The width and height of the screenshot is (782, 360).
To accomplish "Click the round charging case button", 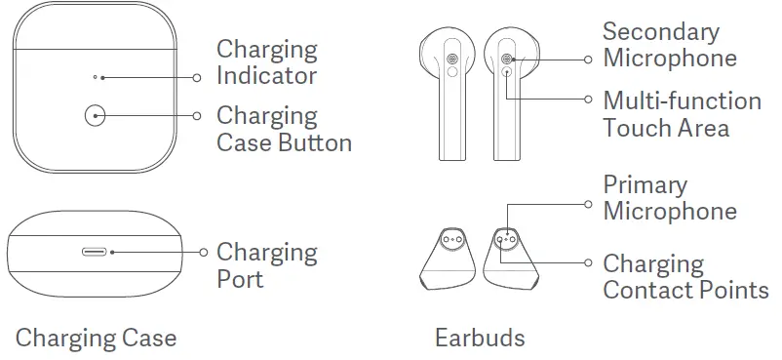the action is tap(95, 116).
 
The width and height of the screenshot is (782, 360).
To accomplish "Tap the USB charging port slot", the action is tap(96, 251).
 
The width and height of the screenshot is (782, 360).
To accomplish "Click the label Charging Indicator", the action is tap(266, 62).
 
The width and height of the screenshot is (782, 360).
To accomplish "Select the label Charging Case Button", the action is tap(283, 129).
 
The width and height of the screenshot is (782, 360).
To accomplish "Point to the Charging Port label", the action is tap(266, 265).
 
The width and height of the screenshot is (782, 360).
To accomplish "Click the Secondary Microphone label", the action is tap(669, 45).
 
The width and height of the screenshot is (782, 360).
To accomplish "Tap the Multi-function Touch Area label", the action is tap(681, 114).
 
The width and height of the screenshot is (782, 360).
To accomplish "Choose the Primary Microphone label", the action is tap(669, 197).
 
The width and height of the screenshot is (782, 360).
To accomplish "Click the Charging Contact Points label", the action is tap(684, 277).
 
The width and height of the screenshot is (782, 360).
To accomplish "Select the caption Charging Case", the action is tap(96, 339).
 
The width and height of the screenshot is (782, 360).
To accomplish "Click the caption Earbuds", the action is tap(479, 339).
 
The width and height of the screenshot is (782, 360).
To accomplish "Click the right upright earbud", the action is tap(510, 88).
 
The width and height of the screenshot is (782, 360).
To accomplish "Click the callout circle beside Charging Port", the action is tap(203, 251).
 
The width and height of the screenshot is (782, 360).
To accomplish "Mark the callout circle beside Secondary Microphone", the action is tap(588, 60).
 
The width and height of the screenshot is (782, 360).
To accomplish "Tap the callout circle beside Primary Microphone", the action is tap(588, 204).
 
